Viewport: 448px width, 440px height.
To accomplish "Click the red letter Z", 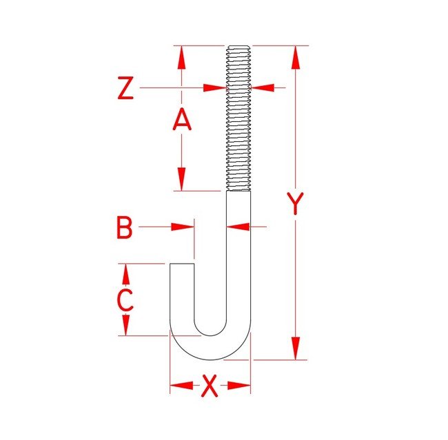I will (x=125, y=89).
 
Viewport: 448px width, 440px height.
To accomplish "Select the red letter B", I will (x=124, y=227).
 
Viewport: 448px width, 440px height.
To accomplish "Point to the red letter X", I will (x=210, y=386).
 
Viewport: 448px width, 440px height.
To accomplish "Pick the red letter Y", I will (x=296, y=204).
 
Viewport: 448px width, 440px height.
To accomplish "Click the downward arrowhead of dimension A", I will (x=181, y=180).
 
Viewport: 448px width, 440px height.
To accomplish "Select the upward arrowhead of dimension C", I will (x=125, y=274).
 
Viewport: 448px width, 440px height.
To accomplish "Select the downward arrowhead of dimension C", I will (x=125, y=326).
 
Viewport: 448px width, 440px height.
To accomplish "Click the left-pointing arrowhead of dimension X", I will (x=180, y=386).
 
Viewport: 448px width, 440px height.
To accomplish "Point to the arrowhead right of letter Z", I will (x=216, y=87).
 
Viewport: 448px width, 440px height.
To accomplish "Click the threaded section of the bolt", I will (x=238, y=117).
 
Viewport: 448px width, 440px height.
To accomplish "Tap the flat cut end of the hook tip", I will (x=182, y=263).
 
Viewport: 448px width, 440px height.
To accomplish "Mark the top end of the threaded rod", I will (x=238, y=47).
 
